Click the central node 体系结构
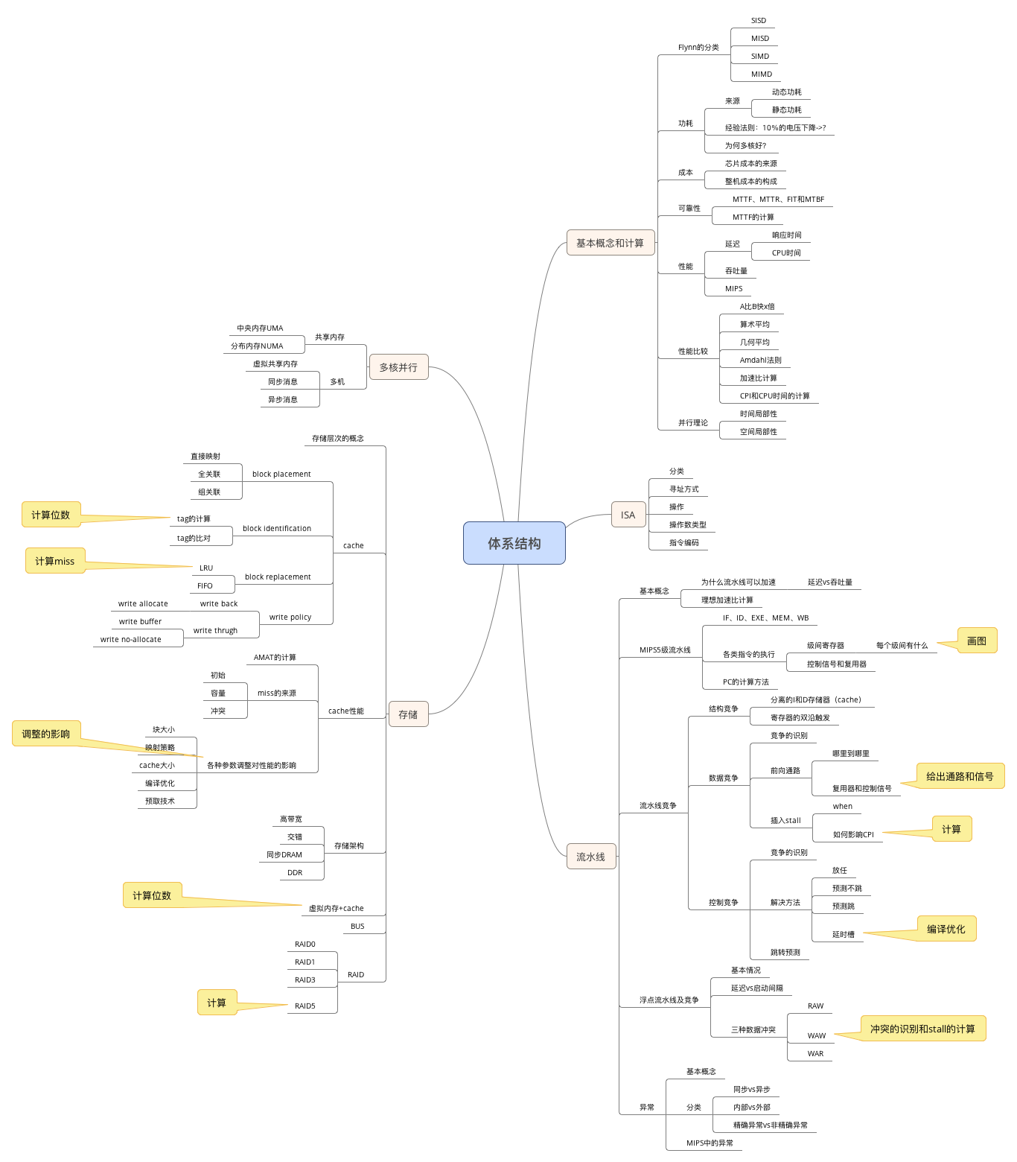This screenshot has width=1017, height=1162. coord(514,543)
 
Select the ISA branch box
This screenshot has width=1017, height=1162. coord(628,515)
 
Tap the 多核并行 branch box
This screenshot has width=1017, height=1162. coord(398,367)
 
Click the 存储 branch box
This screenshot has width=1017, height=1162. coord(408,714)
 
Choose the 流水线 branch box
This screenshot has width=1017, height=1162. coord(591,857)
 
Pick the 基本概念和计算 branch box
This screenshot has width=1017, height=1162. coord(610,243)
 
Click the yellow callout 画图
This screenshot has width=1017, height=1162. coord(977,641)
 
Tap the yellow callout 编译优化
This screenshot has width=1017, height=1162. coord(946,929)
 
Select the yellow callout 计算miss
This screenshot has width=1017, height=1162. coord(55,561)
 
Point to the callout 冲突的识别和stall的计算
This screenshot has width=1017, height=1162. coord(922,1029)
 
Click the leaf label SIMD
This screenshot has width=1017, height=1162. coord(760,57)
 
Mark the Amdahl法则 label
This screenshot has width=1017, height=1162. coord(760,361)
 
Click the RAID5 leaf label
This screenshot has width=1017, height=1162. coord(305,1006)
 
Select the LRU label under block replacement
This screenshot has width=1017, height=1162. coord(206,568)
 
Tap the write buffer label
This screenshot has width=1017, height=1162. coord(140,622)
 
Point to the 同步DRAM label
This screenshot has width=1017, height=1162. coord(284,855)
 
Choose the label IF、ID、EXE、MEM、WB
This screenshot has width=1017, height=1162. coord(765,618)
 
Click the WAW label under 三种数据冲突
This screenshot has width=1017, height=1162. coord(817,1036)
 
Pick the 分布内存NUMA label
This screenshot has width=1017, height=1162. coord(257,346)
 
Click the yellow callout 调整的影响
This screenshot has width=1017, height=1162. coord(46,734)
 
